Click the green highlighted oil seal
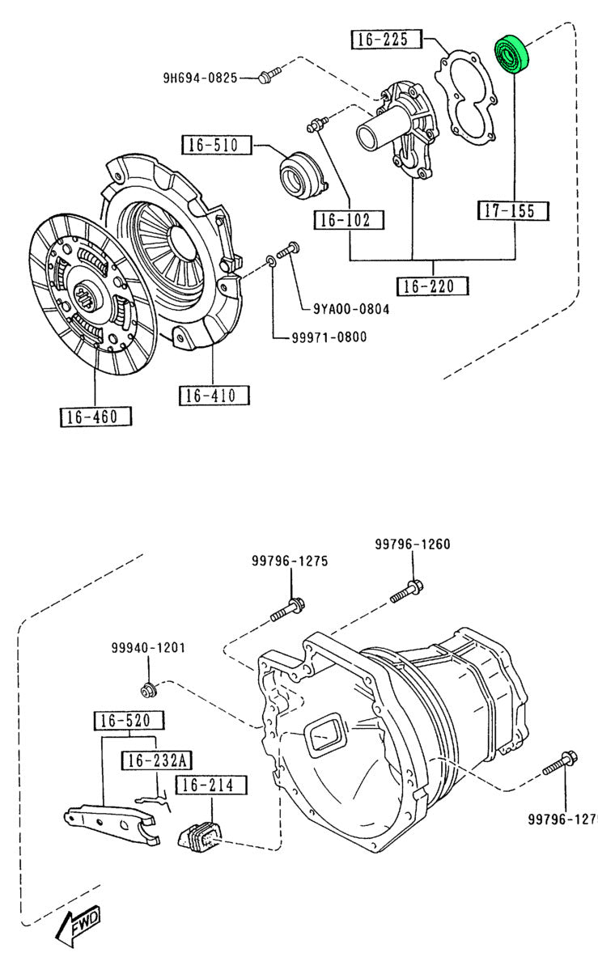pyautogui.click(x=511, y=54)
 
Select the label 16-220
pyautogui.click(x=432, y=286)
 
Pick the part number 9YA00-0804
pyautogui.click(x=352, y=308)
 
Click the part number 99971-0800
pyautogui.click(x=329, y=337)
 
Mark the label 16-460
pyautogui.click(x=95, y=417)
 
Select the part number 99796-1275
pyautogui.click(x=289, y=561)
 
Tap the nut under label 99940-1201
pyautogui.click(x=148, y=690)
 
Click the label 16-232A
pyautogui.click(x=156, y=760)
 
